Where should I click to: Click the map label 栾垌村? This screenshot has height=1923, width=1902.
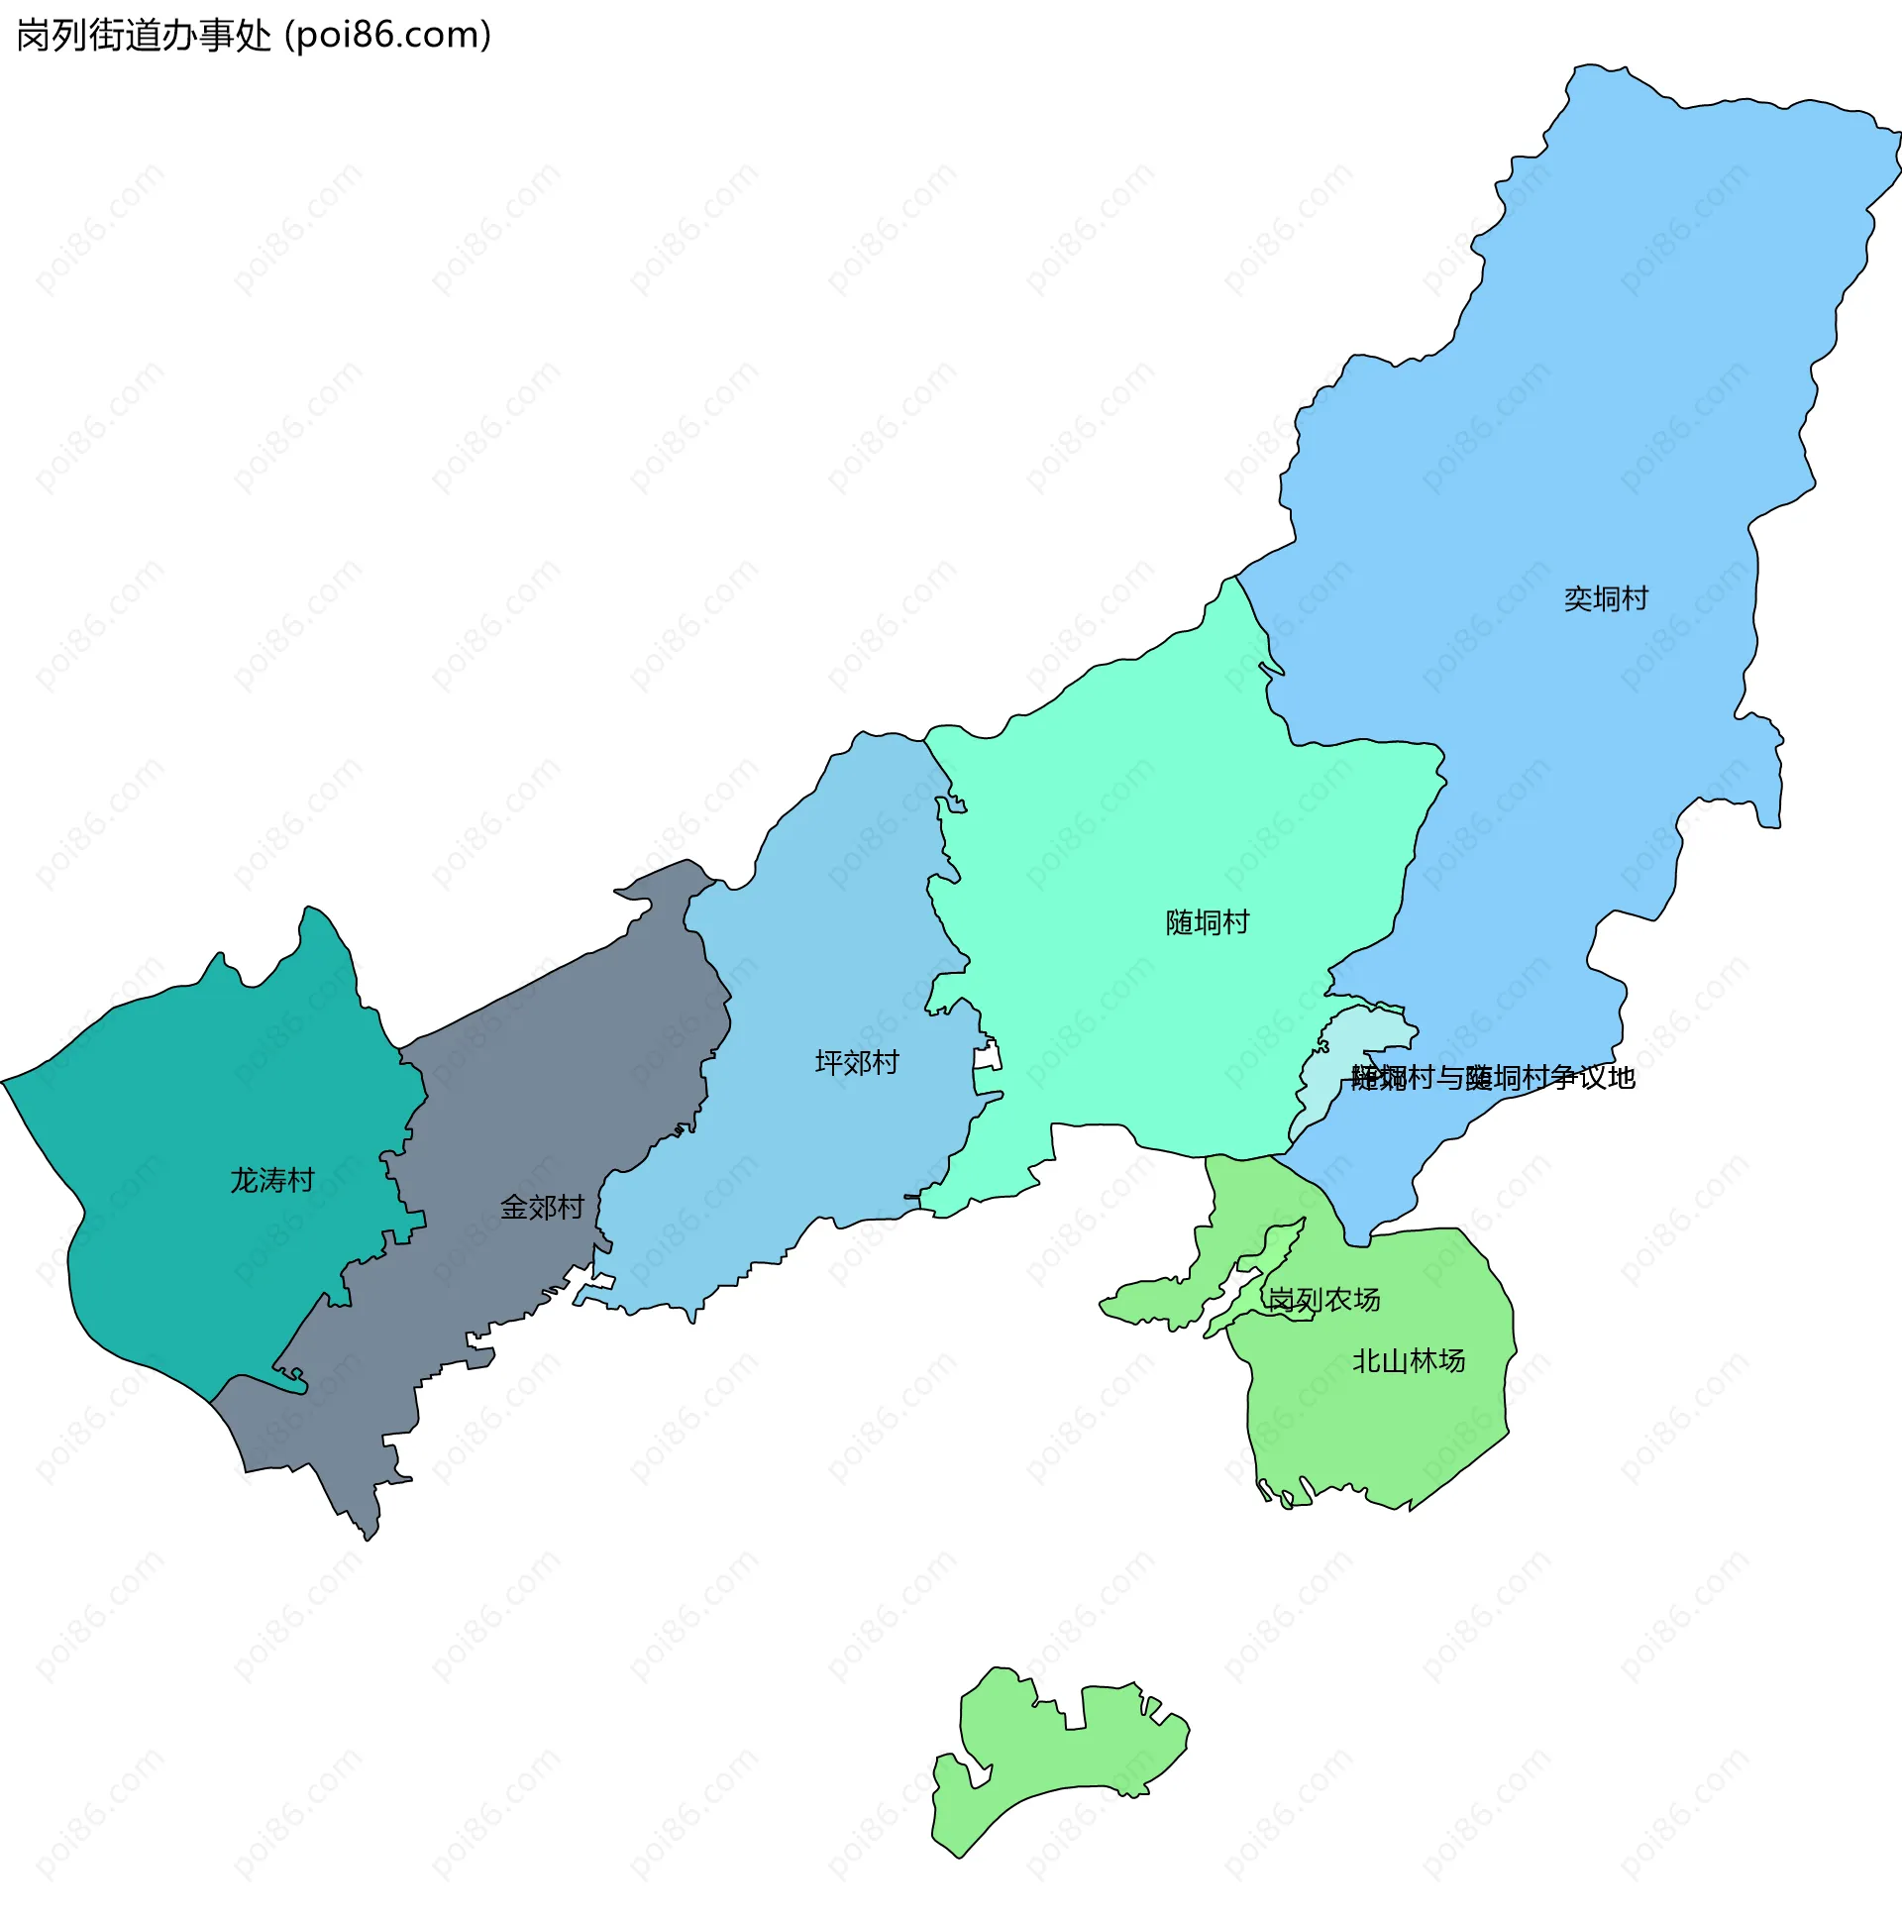1606,599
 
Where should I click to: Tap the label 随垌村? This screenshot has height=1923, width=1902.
1207,922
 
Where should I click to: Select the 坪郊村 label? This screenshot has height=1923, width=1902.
856,1063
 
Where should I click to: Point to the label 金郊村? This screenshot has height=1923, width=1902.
542,1208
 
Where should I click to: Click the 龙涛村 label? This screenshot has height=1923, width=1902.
271,1181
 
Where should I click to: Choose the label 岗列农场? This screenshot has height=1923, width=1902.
1323,1299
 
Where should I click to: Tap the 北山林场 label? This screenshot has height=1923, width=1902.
1409,1360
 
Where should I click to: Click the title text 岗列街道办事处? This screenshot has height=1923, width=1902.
145,36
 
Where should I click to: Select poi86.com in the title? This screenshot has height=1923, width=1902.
388,36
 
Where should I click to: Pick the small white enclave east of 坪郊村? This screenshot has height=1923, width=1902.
987,1058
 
